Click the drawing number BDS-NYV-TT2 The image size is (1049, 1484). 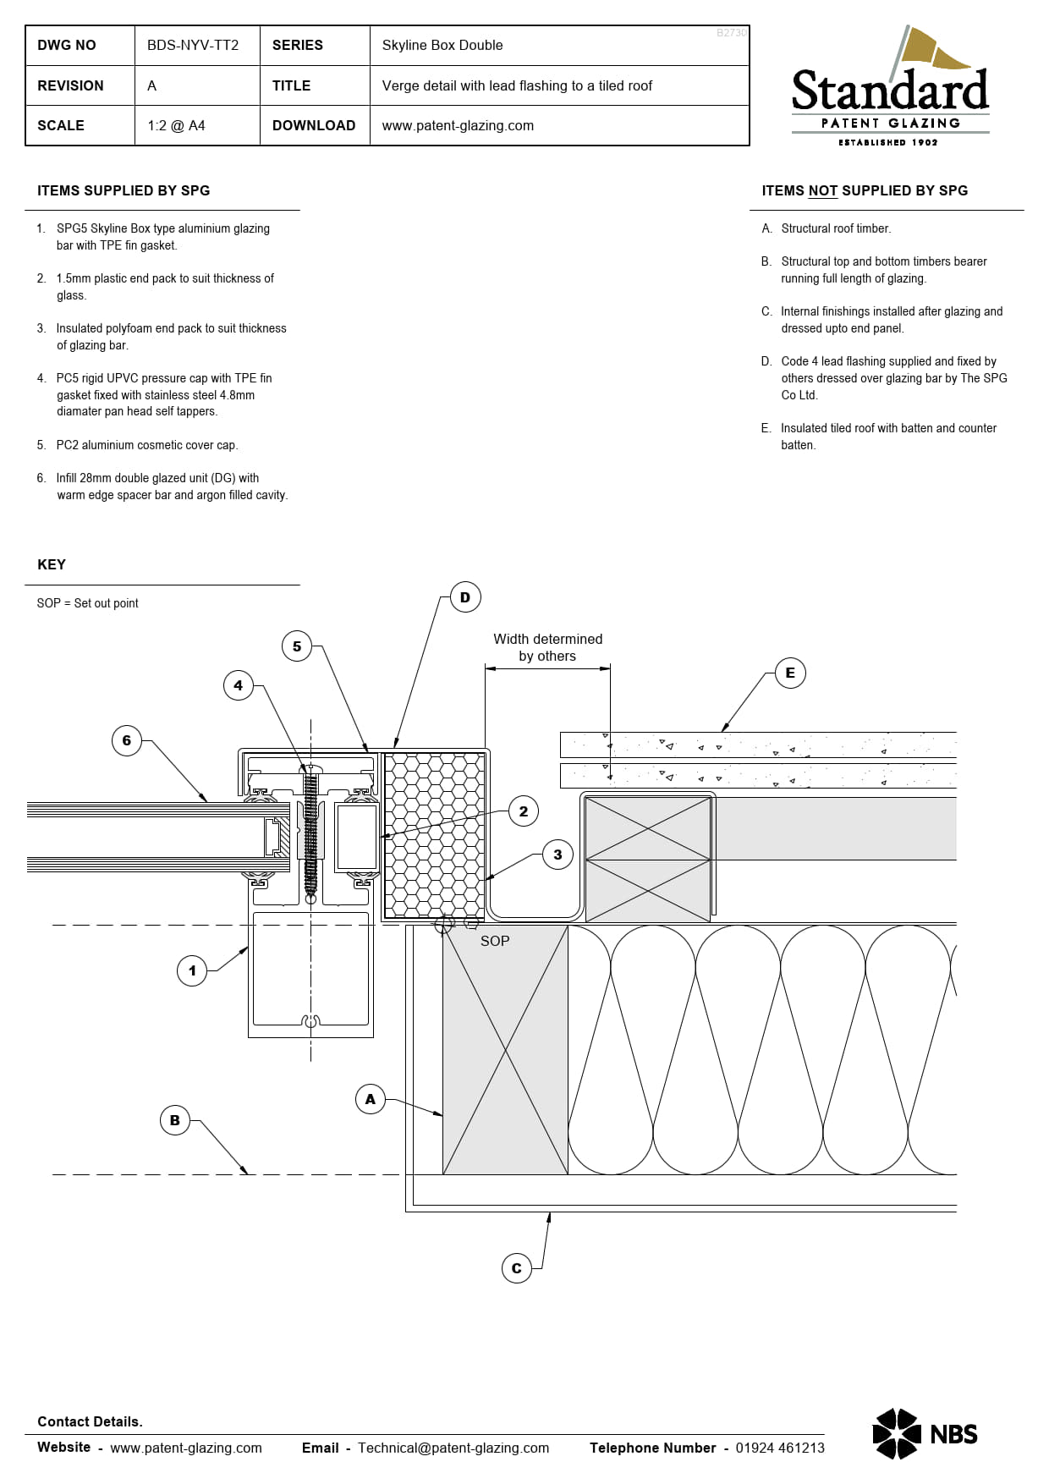[x=193, y=45]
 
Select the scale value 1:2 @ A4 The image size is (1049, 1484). [x=176, y=125]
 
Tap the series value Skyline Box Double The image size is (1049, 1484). [x=442, y=45]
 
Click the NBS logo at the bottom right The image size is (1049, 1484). [x=925, y=1433]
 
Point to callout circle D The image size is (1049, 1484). [x=465, y=597]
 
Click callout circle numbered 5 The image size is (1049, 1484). [x=297, y=646]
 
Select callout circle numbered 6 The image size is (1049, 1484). [x=127, y=740]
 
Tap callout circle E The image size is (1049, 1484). [x=790, y=673]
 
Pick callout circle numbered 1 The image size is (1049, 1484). [x=192, y=970]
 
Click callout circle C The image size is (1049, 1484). [x=516, y=1268]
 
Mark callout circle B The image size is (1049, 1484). [x=175, y=1120]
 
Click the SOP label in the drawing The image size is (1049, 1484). [x=495, y=941]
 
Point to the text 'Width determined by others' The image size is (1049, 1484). [x=547, y=647]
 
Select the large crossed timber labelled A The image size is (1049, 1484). [x=505, y=1049]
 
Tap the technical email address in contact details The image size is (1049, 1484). [x=453, y=1448]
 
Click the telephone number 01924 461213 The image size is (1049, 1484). [x=779, y=1448]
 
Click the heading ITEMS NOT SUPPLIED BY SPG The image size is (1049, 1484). [x=864, y=190]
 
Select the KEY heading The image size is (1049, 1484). [x=52, y=564]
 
